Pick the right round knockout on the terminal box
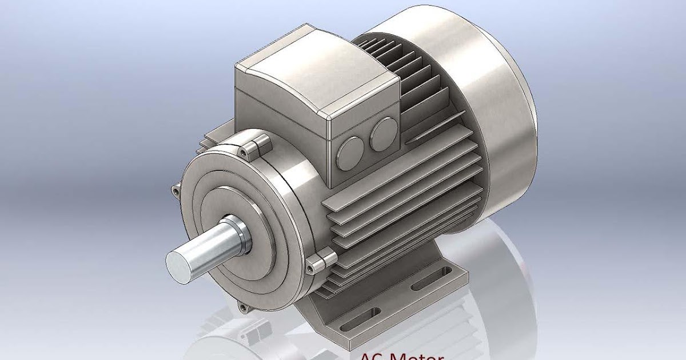click(x=382, y=134)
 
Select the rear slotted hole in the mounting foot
click(x=430, y=280)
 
